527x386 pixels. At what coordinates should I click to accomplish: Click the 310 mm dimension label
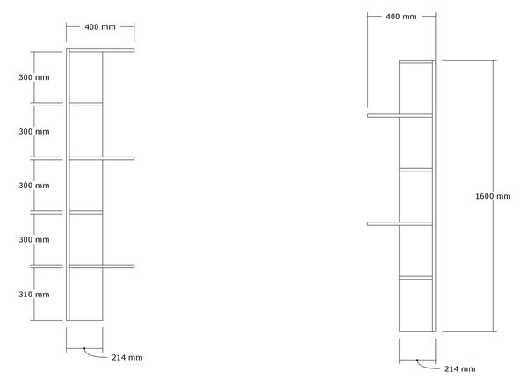coord(34,295)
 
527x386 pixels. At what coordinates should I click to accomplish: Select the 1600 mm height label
coord(493,196)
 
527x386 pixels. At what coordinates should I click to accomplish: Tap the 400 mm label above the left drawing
coord(100,27)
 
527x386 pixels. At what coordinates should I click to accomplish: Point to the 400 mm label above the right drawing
coord(401,17)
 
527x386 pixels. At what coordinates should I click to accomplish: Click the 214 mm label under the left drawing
coord(127,357)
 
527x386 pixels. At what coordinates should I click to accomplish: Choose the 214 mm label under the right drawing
coord(459,368)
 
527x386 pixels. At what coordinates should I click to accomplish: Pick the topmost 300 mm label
coord(34,77)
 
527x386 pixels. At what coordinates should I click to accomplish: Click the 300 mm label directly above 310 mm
coord(34,240)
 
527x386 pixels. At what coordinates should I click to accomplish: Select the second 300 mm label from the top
coord(34,132)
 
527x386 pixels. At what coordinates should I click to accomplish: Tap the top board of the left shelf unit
coord(101,50)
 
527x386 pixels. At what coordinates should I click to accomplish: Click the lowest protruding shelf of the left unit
coord(102,266)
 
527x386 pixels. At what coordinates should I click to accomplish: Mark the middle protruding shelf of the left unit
coord(102,158)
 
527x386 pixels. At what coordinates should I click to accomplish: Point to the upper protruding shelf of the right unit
coord(400,116)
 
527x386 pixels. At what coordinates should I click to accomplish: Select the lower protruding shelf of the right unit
coord(400,224)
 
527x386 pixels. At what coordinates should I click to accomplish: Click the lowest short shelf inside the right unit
coord(415,278)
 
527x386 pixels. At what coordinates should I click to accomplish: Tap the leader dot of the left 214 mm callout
coord(84,349)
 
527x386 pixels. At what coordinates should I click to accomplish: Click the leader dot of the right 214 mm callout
coord(417,360)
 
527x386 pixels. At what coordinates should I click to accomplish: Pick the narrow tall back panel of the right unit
coord(434,196)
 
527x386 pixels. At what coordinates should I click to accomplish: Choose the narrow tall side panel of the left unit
coord(68,185)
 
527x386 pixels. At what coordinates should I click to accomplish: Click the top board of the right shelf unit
coord(415,62)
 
